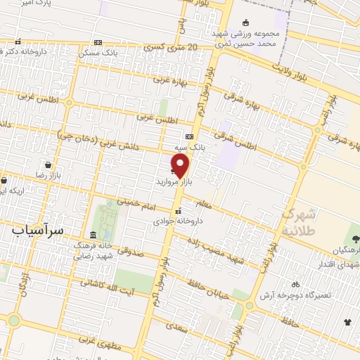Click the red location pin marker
(181, 165)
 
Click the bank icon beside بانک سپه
(189, 136)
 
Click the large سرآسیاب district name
(39, 229)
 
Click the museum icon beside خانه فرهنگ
(94, 235)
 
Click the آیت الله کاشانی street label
(107, 282)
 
